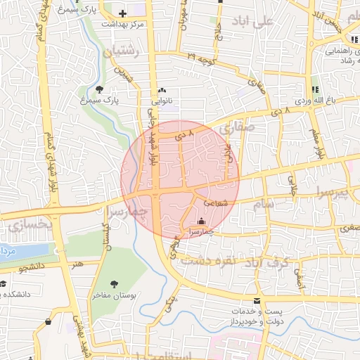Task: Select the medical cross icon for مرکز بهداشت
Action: pyautogui.click(x=122, y=13)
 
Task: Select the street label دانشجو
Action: pyautogui.click(x=32, y=268)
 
